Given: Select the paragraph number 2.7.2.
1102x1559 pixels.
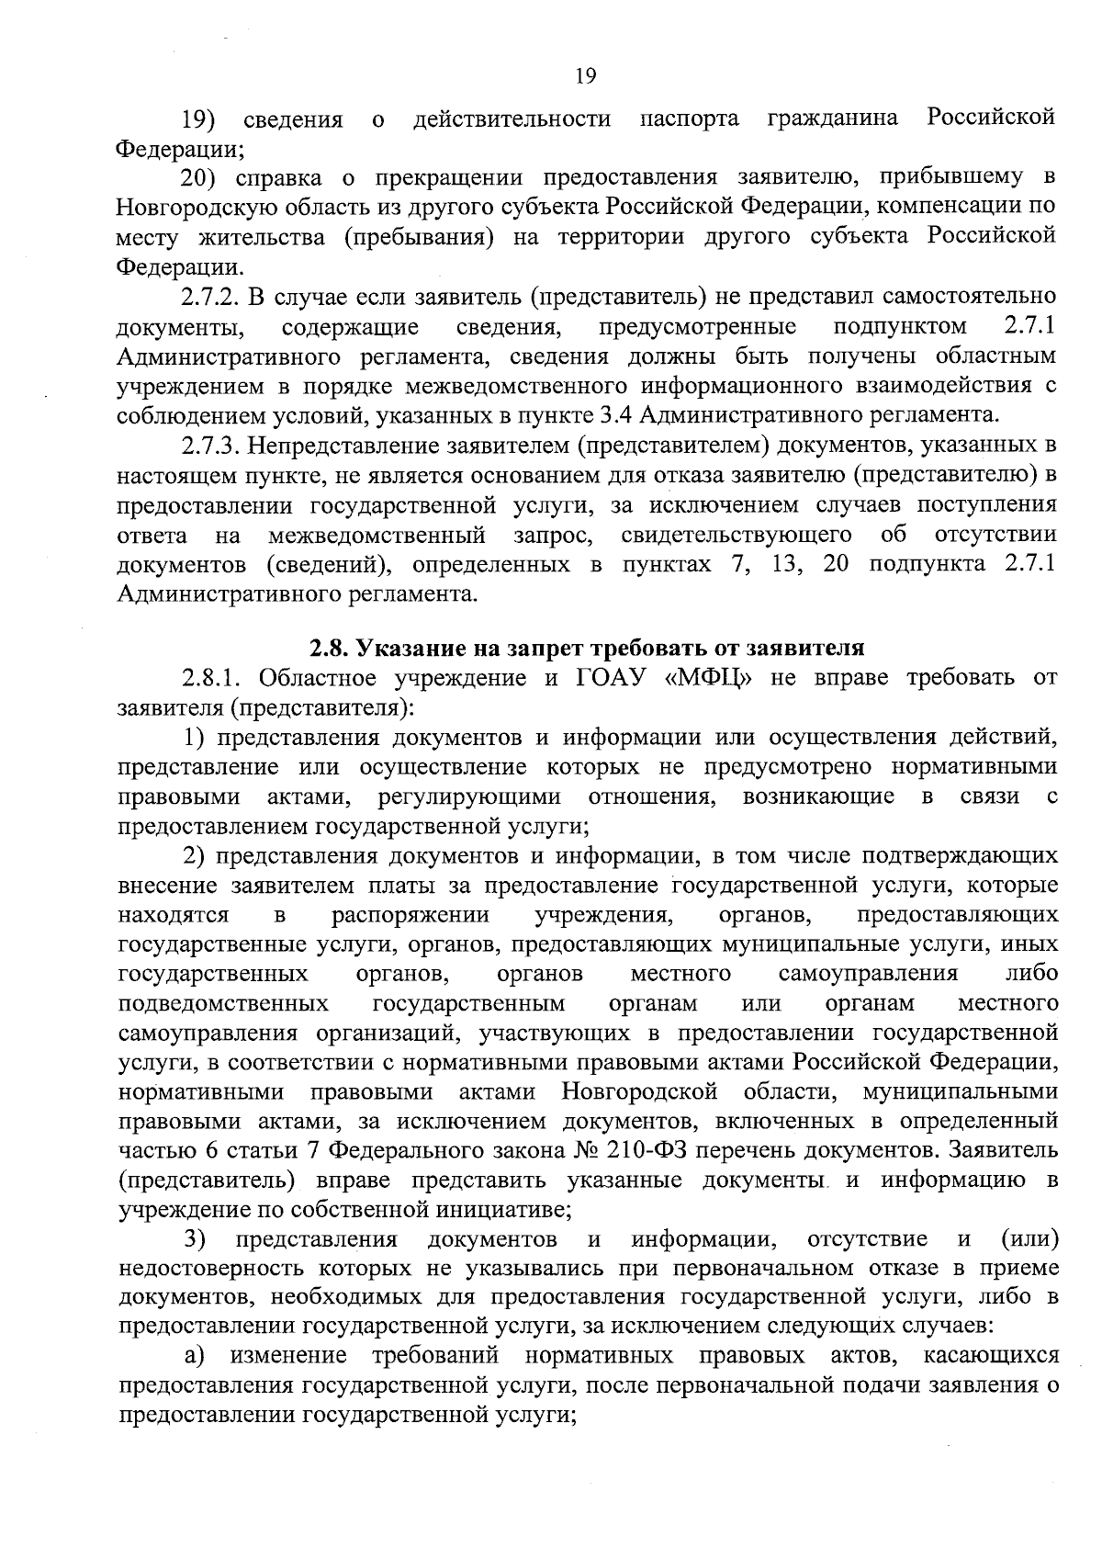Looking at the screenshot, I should (x=212, y=297).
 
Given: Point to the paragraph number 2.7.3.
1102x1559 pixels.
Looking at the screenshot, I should (x=212, y=446).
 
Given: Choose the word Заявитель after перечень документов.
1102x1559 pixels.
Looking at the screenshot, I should (x=1003, y=1150).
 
